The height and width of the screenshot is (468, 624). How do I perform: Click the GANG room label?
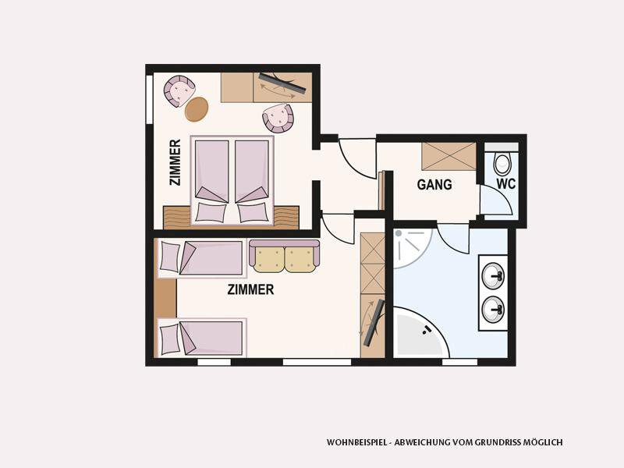coord(434,184)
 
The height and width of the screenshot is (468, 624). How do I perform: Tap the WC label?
coord(505,183)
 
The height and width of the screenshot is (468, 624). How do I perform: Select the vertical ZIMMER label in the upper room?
coord(175,162)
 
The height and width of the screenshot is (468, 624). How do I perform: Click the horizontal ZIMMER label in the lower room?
coord(250,289)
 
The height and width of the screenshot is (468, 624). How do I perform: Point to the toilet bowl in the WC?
coord(502,163)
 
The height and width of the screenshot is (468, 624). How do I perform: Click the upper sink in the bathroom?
coord(493,275)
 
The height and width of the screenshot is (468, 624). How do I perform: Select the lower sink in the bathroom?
coord(493,310)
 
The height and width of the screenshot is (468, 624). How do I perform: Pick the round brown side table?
coord(197,109)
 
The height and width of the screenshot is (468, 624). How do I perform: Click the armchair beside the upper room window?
coord(179,90)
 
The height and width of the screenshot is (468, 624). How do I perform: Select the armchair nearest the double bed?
coord(278,118)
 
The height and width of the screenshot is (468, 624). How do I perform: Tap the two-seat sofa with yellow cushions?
coord(284,256)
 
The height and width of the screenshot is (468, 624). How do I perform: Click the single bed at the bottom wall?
coord(202,338)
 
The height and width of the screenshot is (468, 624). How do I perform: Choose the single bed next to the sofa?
coord(202,258)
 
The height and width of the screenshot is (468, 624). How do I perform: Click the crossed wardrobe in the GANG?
coord(449,157)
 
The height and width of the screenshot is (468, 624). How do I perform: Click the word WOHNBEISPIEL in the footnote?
coord(356,442)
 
